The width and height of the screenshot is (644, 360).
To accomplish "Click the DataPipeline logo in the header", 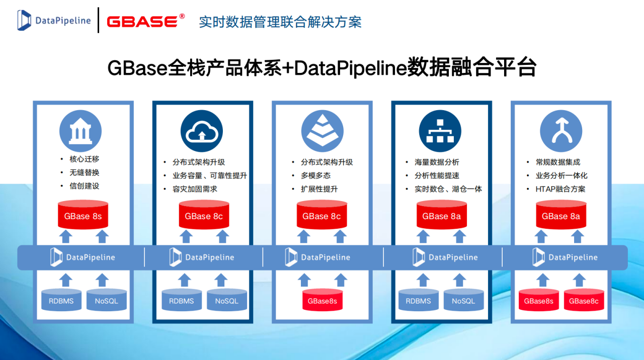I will tap(54, 21).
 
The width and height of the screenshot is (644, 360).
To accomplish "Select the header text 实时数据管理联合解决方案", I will tap(280, 22).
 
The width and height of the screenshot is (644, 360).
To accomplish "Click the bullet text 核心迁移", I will tap(85, 159).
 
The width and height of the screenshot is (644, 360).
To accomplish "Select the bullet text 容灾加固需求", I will tap(195, 189).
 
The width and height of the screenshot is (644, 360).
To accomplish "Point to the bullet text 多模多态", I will tap(315, 175).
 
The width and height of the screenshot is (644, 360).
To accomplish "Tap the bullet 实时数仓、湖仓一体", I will tap(448, 189).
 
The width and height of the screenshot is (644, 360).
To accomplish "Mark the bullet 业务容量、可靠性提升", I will tap(209, 175).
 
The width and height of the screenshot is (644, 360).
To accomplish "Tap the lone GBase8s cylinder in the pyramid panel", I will tap(323, 301).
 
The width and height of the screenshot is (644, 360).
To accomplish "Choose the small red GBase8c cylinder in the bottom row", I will tap(584, 301).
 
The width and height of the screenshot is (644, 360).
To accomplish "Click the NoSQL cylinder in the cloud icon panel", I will tap(227, 301).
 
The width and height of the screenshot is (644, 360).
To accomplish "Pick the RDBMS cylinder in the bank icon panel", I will tap(61, 301).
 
